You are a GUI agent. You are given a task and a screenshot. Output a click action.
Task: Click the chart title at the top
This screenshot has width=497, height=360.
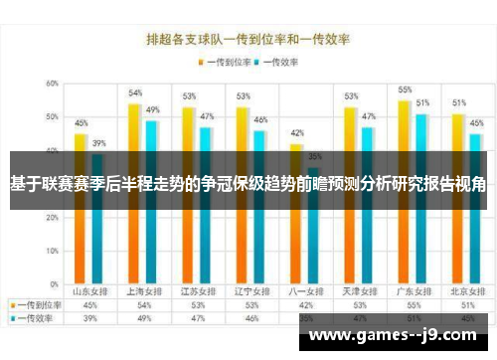[x=248, y=41]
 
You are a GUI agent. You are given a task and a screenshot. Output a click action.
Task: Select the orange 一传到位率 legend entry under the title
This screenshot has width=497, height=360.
[x=228, y=62]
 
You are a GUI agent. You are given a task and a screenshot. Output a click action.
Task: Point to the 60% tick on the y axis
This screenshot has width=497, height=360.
[x=51, y=84]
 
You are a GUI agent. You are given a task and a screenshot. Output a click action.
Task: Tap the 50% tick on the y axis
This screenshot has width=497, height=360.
[x=51, y=117]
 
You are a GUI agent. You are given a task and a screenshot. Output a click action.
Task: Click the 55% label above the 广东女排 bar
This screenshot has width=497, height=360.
[x=406, y=90]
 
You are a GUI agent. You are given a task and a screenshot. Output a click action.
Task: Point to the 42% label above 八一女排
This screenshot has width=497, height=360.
[x=297, y=132]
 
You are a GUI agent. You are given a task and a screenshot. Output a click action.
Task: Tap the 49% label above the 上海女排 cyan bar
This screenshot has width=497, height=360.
[x=153, y=109]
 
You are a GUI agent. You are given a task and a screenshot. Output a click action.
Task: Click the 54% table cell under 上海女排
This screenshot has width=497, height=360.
[x=144, y=305]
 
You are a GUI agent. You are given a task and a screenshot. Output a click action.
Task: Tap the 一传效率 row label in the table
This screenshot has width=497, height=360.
[x=38, y=318]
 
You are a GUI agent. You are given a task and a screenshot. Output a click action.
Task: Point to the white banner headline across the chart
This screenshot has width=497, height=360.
[x=248, y=184]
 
